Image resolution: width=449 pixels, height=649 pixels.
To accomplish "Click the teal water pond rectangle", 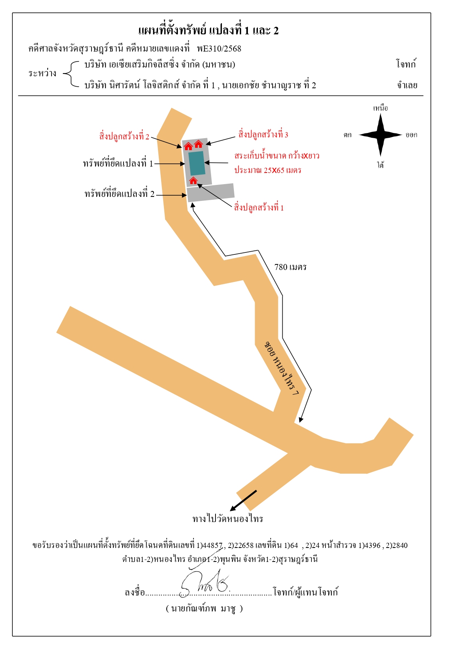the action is click(x=197, y=163).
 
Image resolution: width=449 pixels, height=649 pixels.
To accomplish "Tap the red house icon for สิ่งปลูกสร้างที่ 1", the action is click(x=193, y=181).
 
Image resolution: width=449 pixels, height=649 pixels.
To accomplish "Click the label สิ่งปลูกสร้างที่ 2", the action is click(x=124, y=136).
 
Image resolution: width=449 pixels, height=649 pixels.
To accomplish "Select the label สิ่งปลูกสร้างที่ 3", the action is click(x=263, y=134).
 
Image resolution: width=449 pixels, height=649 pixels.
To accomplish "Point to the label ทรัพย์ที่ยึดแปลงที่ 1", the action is click(x=118, y=163).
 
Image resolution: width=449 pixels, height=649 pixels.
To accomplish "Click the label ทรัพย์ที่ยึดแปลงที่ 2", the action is click(x=120, y=194).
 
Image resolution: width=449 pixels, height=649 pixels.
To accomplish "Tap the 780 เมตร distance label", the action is click(x=290, y=267).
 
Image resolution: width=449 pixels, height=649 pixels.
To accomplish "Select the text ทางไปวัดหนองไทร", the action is click(x=227, y=518).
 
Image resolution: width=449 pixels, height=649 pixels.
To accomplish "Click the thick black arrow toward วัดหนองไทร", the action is click(x=243, y=500).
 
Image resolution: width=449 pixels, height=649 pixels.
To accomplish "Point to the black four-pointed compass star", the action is click(x=380, y=135).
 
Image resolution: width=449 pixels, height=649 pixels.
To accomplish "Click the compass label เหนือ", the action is click(x=380, y=108).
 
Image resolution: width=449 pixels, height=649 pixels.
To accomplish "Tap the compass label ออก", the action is click(x=411, y=135).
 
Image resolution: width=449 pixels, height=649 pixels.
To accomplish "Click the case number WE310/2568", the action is click(x=219, y=48).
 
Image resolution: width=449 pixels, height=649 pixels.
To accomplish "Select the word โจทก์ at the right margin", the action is click(x=406, y=64).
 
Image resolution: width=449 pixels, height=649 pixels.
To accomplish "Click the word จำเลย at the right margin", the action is click(x=407, y=85).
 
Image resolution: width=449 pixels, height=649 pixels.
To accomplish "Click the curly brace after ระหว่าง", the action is click(x=71, y=74).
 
